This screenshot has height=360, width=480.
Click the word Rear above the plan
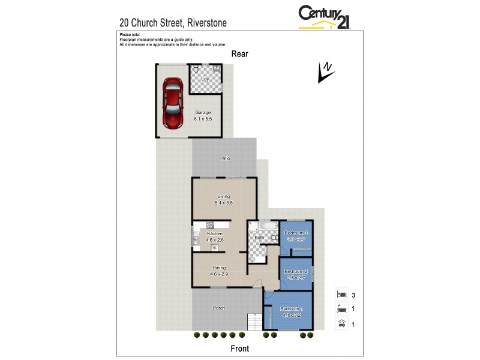[240, 54]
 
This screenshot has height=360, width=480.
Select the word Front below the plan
[240, 348]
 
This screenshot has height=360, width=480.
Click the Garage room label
[203, 112]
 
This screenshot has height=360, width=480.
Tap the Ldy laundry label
[205, 79]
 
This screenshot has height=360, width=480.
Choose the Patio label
[224, 158]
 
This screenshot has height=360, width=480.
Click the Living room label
[223, 196]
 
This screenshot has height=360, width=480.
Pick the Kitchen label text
[215, 233]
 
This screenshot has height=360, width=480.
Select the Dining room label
[218, 268]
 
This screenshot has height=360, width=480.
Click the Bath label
[259, 238]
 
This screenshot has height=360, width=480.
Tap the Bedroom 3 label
[296, 233]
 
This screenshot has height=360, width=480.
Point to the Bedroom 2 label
[296, 271]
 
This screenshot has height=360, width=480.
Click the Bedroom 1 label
[292, 308]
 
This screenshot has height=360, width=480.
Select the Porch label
[219, 308]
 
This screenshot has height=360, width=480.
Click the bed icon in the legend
[342, 295]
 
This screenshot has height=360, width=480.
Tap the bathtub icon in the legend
[342, 310]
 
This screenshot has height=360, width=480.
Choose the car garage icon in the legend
[342, 325]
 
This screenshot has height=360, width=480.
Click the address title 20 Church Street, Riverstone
[173, 23]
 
